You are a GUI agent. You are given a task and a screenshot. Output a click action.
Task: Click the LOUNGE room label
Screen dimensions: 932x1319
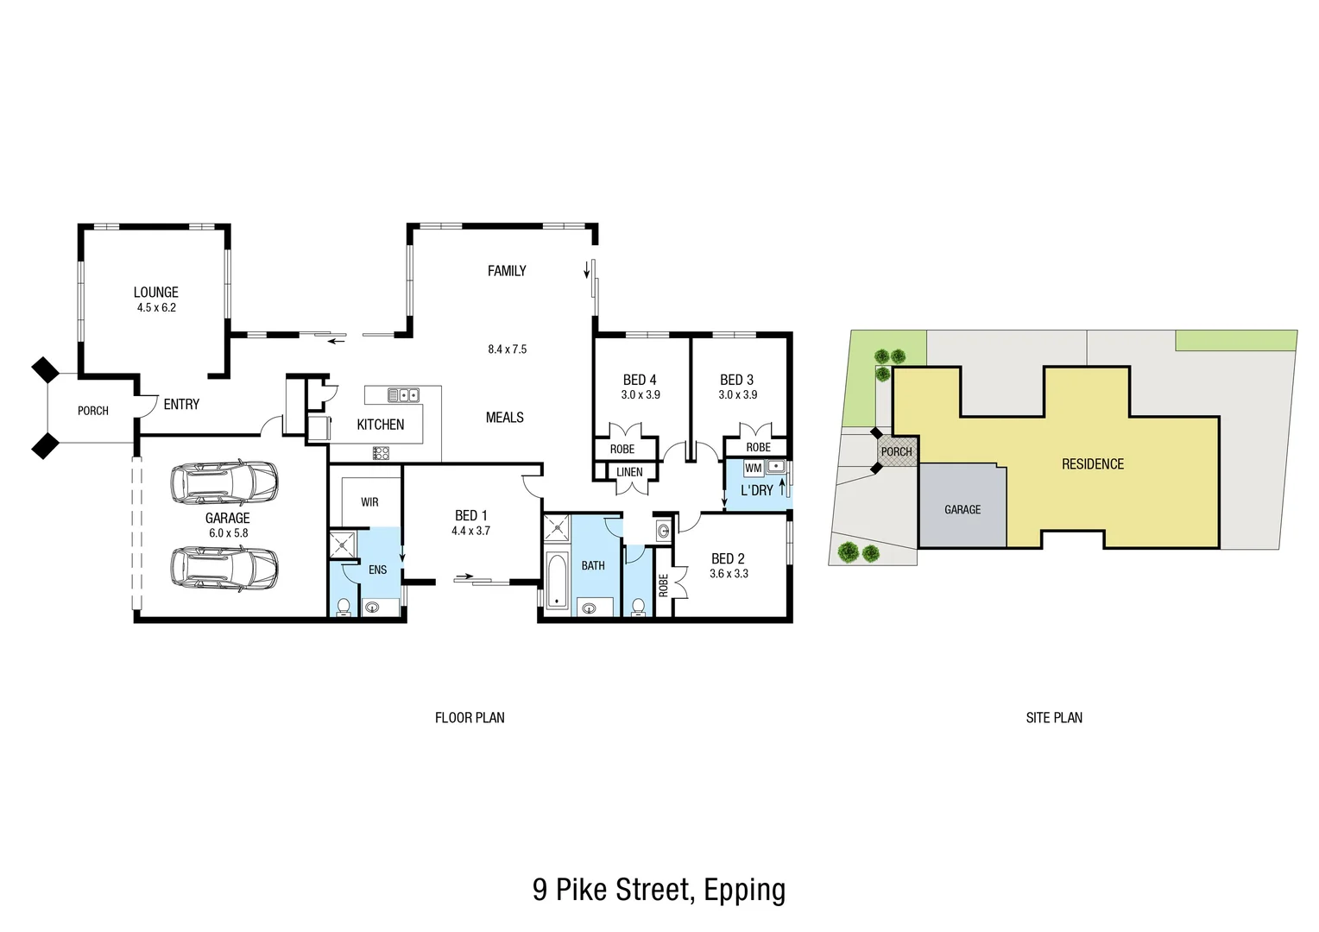[155, 293]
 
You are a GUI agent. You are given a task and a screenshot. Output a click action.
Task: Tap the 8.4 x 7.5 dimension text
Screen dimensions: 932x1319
[507, 349]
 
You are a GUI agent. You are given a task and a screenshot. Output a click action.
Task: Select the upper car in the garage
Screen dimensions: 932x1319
[224, 483]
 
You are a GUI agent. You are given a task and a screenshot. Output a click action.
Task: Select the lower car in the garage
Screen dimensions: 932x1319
[224, 568]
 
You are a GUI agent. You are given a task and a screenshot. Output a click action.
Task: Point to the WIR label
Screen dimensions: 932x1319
[369, 502]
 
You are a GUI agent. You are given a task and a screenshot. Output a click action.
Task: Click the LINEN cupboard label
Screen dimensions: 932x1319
[629, 472]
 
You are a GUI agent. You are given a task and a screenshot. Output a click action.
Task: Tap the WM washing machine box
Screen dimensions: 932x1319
[753, 469]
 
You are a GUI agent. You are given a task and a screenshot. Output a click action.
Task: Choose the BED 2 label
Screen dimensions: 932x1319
[728, 559]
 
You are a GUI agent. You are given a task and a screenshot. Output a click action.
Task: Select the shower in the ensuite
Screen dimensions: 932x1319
[343, 545]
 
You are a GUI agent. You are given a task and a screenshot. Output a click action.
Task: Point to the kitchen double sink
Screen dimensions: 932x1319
[403, 395]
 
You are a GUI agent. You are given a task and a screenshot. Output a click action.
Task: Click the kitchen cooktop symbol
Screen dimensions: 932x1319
[381, 452]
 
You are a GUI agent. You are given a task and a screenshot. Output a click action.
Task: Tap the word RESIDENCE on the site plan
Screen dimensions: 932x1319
[1092, 464]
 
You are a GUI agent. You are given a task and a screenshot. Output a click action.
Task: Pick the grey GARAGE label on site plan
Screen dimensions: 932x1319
[962, 510]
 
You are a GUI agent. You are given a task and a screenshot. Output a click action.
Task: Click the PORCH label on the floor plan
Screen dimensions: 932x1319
[93, 411]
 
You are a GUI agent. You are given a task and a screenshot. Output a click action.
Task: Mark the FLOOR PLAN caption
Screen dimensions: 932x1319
[470, 718]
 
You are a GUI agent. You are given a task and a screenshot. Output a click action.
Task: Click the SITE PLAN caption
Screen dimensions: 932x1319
[1053, 718]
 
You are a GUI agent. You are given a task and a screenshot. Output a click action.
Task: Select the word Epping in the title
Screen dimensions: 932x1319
[744, 890]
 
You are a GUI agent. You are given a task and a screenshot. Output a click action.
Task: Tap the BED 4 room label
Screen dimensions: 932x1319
[640, 380]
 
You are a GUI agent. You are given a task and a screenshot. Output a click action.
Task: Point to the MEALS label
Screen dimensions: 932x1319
[505, 418]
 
